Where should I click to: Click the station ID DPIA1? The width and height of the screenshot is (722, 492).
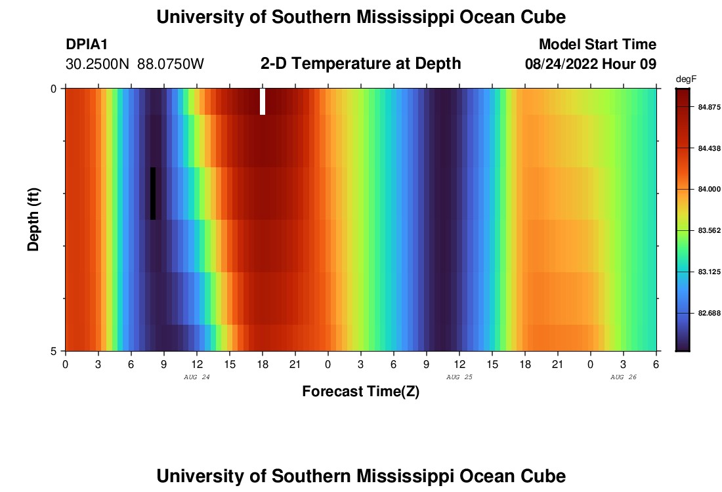(87, 45)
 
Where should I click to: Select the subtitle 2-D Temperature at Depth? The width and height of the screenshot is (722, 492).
(360, 64)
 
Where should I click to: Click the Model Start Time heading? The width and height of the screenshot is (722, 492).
(597, 45)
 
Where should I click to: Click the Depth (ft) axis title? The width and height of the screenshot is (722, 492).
(34, 219)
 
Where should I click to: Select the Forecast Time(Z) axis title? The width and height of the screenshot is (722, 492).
(360, 392)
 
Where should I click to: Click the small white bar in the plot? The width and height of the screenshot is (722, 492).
(263, 102)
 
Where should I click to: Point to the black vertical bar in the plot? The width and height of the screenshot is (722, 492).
(153, 194)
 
